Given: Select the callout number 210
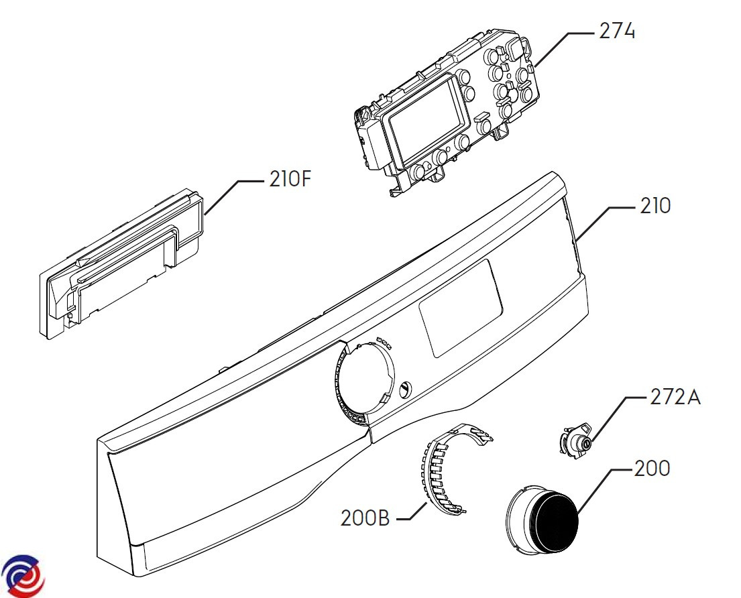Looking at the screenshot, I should [654, 206].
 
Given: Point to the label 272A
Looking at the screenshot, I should [675, 397].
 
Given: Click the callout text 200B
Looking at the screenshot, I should [365, 518].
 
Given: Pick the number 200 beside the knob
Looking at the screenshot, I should [652, 468].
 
